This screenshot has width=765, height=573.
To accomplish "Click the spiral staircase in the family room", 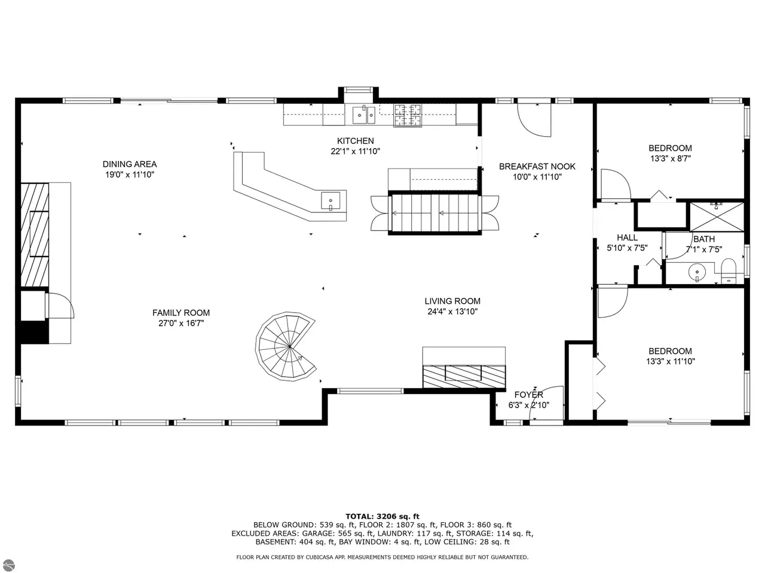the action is (286, 347).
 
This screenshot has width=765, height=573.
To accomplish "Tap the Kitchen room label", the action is (355, 141).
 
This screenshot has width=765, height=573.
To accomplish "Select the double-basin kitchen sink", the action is (363, 115).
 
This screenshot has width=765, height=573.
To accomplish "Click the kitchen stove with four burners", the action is (408, 115).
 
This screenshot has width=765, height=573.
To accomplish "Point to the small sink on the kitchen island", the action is (330, 201).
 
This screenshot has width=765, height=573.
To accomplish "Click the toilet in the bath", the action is (729, 270).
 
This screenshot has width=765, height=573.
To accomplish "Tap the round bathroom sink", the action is (697, 272).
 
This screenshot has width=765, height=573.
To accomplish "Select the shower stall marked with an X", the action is (717, 217).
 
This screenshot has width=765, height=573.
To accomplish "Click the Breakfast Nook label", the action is (537, 167).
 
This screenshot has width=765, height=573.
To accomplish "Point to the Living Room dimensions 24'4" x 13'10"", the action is (452, 312).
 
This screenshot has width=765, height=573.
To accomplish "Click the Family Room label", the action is (181, 313).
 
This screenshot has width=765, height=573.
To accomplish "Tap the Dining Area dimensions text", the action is (130, 175).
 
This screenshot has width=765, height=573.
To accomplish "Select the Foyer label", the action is (529, 395).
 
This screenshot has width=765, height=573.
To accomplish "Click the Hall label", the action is (628, 238).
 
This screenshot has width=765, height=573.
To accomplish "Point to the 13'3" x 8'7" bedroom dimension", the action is (670, 159).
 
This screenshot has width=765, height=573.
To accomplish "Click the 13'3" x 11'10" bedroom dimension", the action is (670, 362).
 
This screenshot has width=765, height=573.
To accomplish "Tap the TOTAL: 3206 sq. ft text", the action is (382, 516).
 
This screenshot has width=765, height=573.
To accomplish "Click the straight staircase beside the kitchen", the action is (434, 213).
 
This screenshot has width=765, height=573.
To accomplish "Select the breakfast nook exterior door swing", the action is (534, 118).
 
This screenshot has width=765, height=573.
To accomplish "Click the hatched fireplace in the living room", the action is (464, 377).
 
